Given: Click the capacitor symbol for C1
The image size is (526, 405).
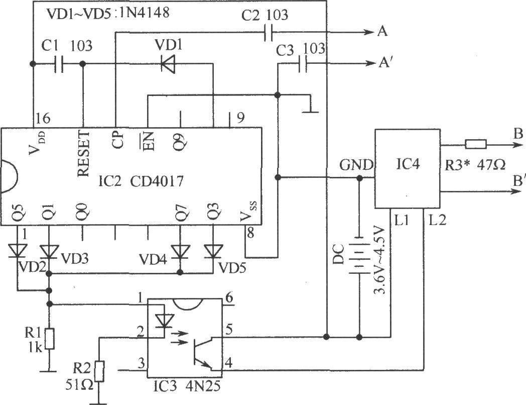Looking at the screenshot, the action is [58, 64].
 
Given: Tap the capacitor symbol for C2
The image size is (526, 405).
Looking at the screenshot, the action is [269, 32].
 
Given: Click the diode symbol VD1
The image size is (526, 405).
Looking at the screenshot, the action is [168, 64].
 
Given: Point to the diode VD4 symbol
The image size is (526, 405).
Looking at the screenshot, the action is [180, 252].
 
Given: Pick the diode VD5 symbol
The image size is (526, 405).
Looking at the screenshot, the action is [213, 252].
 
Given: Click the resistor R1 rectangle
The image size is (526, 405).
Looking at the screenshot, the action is [50, 339].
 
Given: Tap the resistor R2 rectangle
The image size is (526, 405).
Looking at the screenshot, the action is [100, 371].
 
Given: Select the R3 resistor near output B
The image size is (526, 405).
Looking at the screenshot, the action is [475, 145].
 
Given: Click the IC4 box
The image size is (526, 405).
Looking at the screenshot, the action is [407, 169].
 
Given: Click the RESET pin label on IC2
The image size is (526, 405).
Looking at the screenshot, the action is [83, 154].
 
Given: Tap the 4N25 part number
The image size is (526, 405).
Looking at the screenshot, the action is [203, 386].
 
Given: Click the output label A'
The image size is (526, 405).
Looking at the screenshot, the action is [384, 63].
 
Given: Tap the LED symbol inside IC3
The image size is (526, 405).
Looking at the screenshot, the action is [165, 321].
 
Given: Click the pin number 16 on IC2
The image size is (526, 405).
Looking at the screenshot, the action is [43, 118].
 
